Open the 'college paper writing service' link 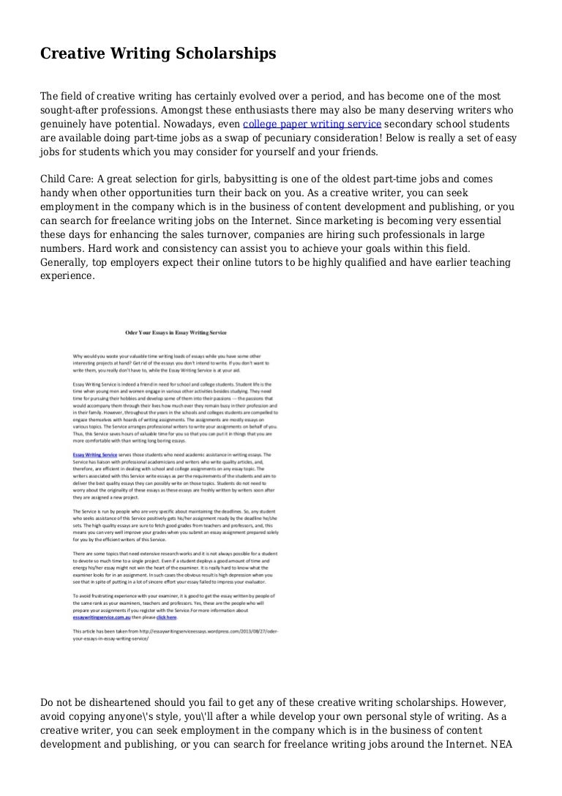coord(312,124)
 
